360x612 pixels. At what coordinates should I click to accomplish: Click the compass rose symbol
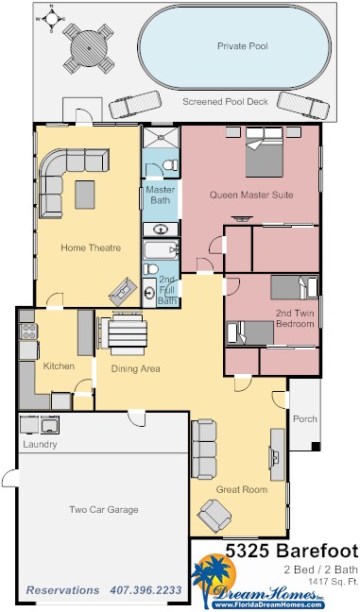coord(52,18)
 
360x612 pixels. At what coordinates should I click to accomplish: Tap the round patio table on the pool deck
coord(89,49)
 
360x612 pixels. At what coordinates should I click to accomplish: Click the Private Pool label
coord(243,46)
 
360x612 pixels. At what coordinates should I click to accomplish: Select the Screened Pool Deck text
coord(225,102)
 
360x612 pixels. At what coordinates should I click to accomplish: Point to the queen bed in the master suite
coord(265,152)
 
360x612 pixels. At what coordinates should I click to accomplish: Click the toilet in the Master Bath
coord(170,165)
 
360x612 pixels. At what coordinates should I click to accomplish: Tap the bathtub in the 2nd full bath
coord(162,249)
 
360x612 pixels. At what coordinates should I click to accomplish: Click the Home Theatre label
coord(91,247)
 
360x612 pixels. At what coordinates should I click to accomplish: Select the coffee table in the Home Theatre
coord(85,195)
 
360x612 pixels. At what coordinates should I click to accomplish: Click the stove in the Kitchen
coord(28,331)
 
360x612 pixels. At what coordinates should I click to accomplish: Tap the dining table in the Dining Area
coord(128,333)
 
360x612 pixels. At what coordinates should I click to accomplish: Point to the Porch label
coord(305,418)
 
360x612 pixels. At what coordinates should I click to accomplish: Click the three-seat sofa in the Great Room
coord(203,450)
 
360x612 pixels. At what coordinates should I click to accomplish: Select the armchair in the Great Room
coord(214,516)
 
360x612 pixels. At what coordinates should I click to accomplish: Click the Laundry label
coord(40,445)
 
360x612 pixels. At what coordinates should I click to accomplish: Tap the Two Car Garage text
coord(104,509)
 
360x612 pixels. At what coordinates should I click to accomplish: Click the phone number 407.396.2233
coord(146,589)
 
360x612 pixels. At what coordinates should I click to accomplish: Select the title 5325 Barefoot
coord(292,551)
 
